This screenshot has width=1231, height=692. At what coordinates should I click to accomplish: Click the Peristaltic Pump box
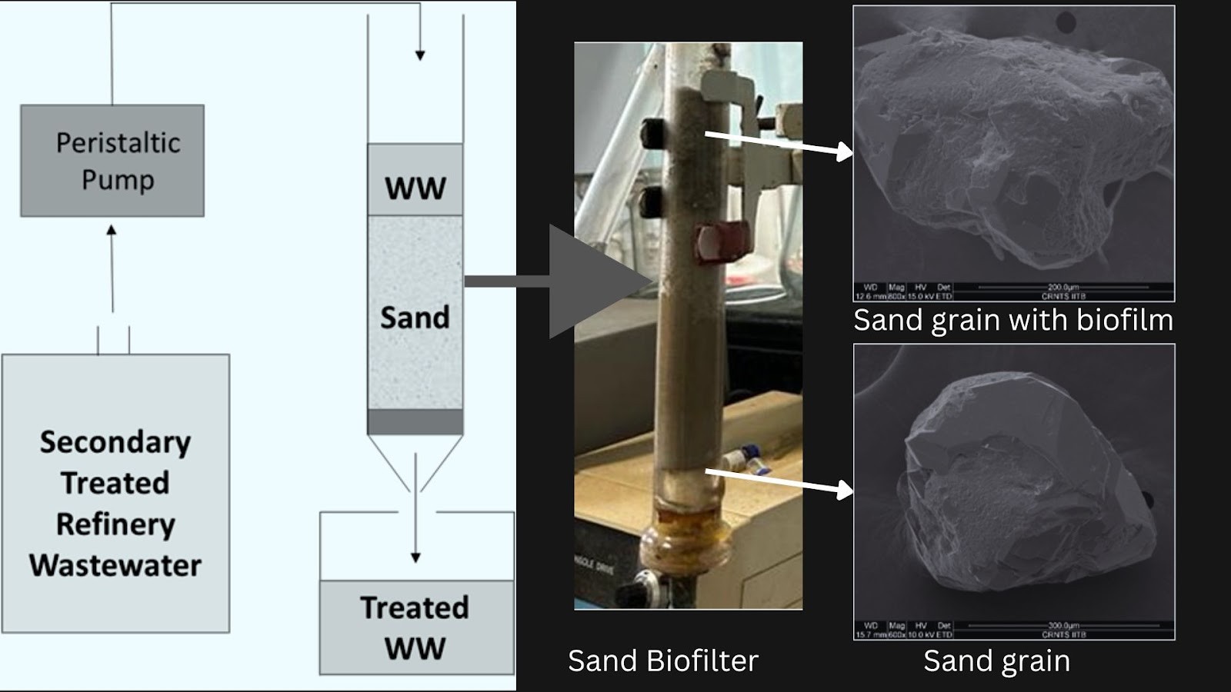(112, 161)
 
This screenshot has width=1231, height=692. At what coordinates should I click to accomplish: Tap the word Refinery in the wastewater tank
(115, 524)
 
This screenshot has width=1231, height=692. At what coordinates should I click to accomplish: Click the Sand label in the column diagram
(415, 318)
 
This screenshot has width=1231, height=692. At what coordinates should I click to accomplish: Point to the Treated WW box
(416, 627)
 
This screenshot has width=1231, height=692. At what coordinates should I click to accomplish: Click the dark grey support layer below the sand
(415, 422)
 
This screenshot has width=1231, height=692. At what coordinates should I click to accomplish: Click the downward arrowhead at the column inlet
(420, 55)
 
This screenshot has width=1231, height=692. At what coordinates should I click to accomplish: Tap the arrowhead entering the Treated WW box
(415, 557)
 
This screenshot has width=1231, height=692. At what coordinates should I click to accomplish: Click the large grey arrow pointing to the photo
(592, 281)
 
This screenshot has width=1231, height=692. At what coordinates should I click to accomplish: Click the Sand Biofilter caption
(663, 661)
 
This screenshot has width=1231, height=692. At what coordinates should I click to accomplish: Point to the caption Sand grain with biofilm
(1013, 320)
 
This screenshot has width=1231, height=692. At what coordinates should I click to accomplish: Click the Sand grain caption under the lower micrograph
(996, 661)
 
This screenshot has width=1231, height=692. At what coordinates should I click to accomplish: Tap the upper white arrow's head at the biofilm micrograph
(846, 152)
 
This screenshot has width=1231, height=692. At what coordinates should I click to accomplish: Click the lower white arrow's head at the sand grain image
(846, 490)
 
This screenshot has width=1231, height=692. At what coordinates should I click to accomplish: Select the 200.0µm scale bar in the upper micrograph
(1063, 287)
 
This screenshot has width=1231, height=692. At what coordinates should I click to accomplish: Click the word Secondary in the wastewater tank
(115, 442)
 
